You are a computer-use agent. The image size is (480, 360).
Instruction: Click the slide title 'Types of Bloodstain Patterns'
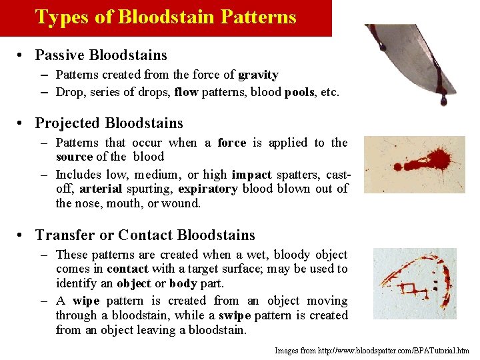click(165, 17)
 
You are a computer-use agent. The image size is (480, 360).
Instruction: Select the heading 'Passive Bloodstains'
click(101, 55)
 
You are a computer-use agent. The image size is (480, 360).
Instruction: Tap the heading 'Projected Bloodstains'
click(109, 123)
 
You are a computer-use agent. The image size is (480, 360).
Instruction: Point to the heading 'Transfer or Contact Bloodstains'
click(145, 235)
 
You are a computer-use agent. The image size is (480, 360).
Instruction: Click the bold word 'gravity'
click(258, 75)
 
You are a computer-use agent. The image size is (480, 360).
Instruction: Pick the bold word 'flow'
click(186, 92)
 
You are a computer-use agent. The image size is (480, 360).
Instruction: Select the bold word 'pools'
click(299, 92)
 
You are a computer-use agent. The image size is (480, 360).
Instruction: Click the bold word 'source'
click(74, 157)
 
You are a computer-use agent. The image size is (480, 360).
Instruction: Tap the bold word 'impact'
click(251, 175)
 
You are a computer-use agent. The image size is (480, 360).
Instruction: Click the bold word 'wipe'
click(86, 301)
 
